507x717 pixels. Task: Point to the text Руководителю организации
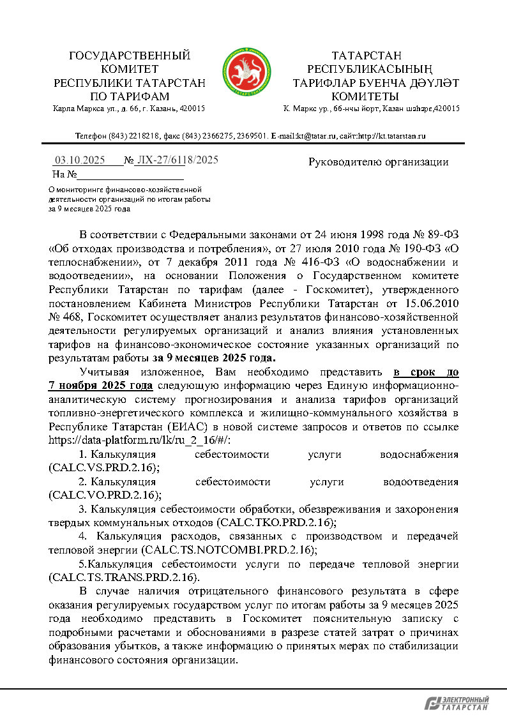tap(378, 162)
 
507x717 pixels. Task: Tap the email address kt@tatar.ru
tap(299, 136)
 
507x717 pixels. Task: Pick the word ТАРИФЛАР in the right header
tap(326, 82)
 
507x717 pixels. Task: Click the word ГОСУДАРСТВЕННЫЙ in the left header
tap(130, 56)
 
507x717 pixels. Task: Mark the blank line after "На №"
tap(130, 174)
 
